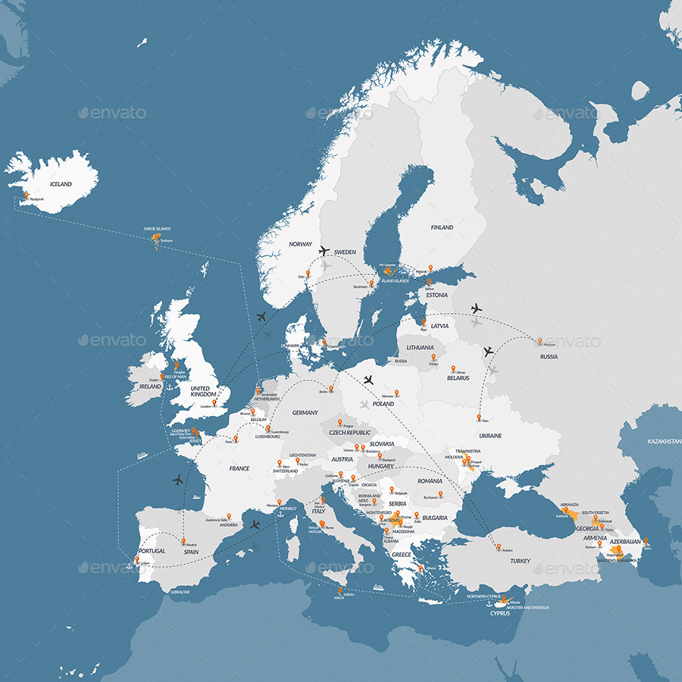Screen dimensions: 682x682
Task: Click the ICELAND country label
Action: click(61, 184)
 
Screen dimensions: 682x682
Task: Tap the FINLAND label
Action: click(442, 227)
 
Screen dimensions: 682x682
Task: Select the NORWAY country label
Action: click(300, 244)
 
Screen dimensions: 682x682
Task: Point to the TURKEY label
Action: click(520, 561)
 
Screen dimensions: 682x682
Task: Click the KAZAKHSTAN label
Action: click(664, 441)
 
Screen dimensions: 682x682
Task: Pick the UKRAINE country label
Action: click(490, 436)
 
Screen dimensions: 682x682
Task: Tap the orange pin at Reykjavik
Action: click(27, 195)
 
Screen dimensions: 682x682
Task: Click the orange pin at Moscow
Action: click(540, 340)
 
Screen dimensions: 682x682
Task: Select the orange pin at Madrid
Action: click(183, 540)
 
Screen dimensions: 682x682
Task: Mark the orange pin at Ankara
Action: click(497, 545)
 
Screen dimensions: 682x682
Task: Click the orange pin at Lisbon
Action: click(137, 560)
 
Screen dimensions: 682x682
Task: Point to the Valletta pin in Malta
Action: click(340, 590)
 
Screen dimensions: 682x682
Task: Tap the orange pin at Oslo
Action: click(308, 273)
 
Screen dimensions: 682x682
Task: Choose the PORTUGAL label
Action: click(152, 551)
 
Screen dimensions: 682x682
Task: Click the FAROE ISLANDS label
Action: click(158, 228)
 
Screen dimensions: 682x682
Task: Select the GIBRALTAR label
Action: click(180, 591)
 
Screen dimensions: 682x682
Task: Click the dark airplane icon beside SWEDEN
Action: click(324, 250)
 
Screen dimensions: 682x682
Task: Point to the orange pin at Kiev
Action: click(479, 416)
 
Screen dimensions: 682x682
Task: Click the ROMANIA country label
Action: click(429, 481)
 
